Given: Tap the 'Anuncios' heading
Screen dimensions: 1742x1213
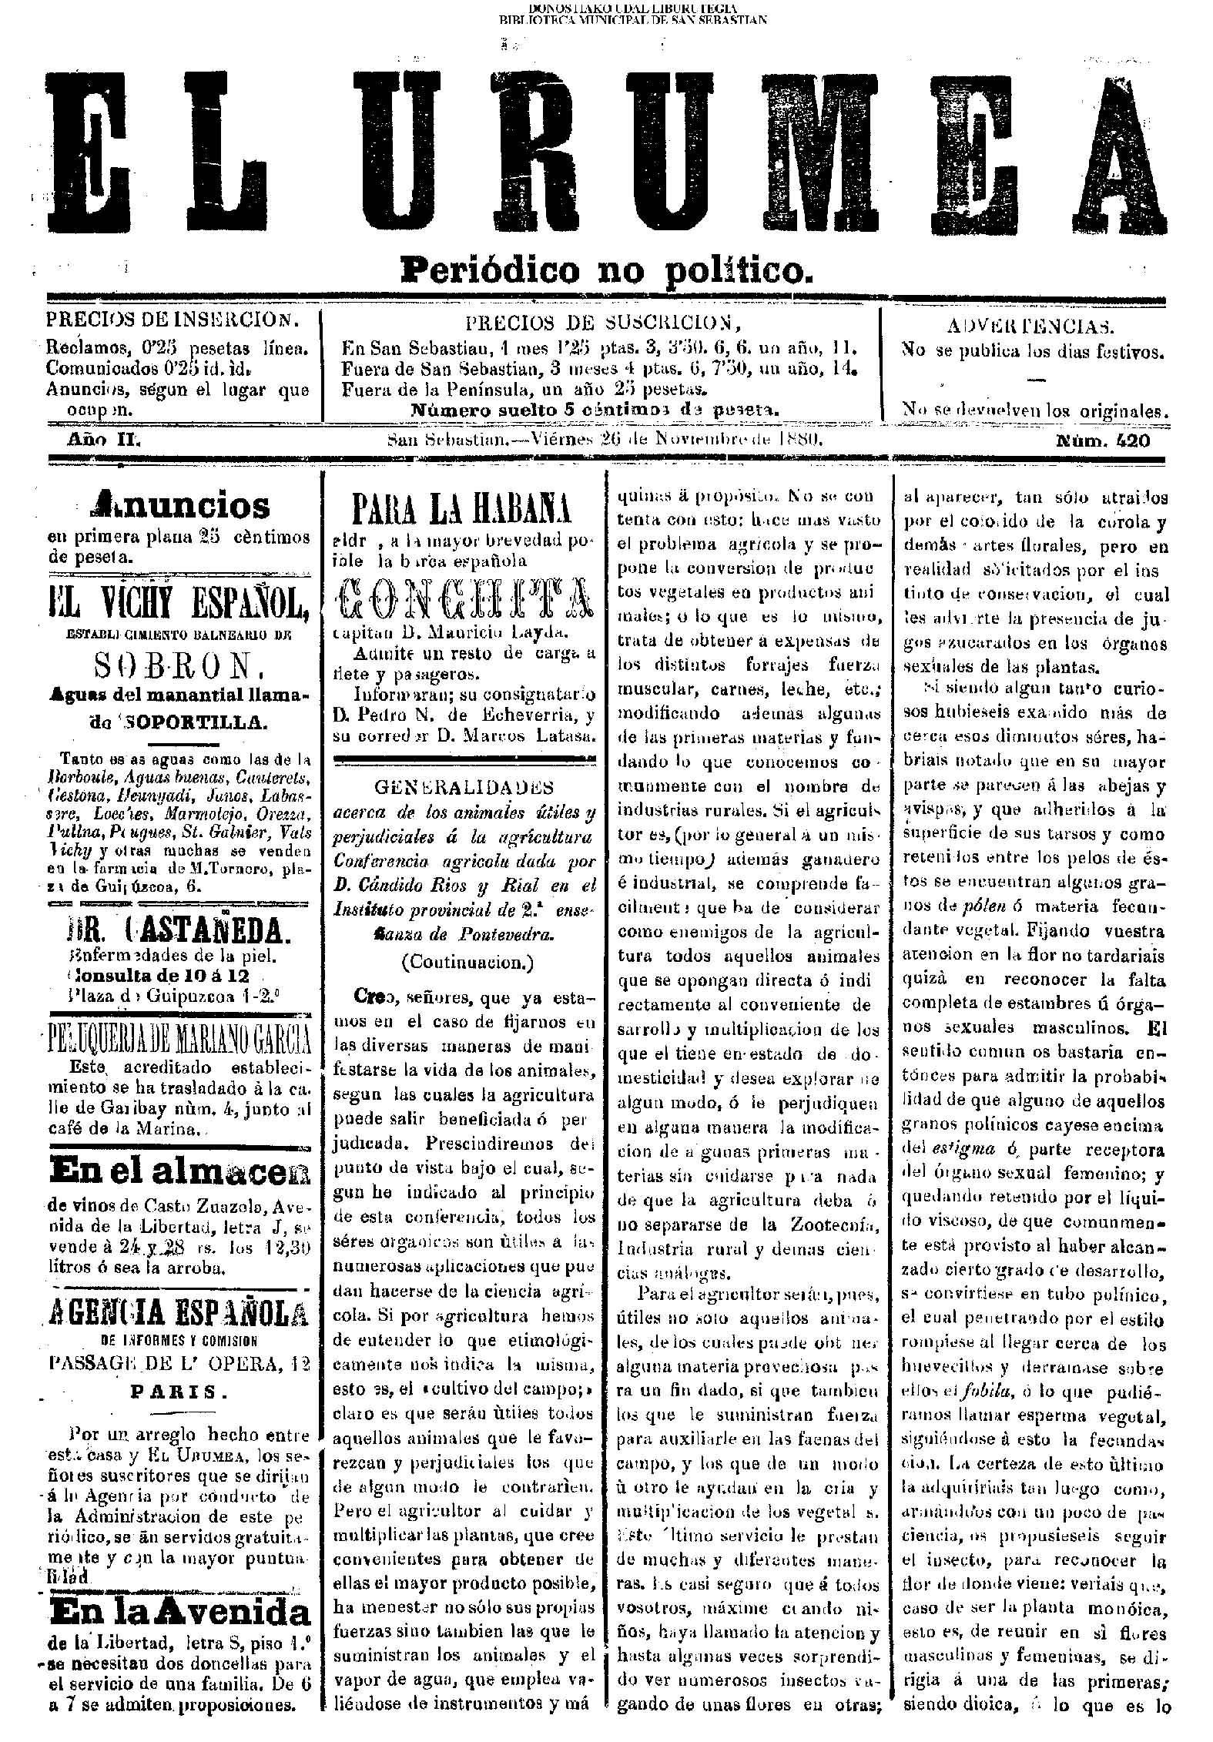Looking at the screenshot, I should pyautogui.click(x=180, y=506).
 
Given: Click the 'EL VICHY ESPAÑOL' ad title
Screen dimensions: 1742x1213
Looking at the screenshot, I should pyautogui.click(x=179, y=608).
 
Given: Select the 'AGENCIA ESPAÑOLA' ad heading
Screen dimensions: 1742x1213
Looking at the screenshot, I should pyautogui.click(x=179, y=1312).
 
